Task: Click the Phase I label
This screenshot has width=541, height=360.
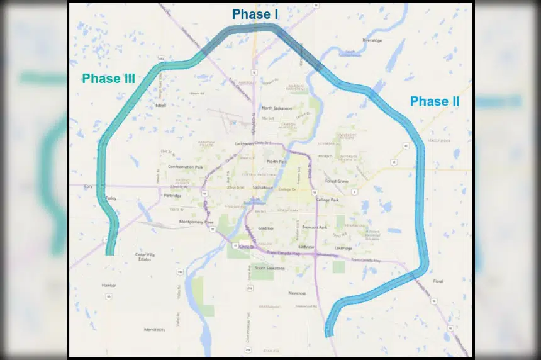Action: [x=255, y=14]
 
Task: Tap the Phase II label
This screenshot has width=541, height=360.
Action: [x=435, y=101]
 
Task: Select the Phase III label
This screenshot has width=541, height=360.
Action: [x=108, y=79]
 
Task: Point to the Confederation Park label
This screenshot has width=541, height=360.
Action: [x=186, y=167]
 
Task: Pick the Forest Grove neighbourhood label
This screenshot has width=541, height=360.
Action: [x=337, y=181]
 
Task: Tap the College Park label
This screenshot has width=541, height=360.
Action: [x=327, y=200]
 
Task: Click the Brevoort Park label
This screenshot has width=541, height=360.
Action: [x=314, y=227]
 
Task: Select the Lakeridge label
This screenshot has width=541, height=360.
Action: [x=343, y=248]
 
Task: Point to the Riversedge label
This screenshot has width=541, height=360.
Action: [x=372, y=40]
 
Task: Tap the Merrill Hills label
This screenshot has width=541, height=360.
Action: [x=153, y=329]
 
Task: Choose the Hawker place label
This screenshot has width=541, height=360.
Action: [x=109, y=285]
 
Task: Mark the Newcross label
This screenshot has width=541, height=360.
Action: [x=297, y=293]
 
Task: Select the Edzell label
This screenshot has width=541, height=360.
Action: [x=160, y=106]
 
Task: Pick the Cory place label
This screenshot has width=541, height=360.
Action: [x=87, y=187]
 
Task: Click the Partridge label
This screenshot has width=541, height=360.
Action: [x=172, y=196]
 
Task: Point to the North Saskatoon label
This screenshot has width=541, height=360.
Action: [x=277, y=108]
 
